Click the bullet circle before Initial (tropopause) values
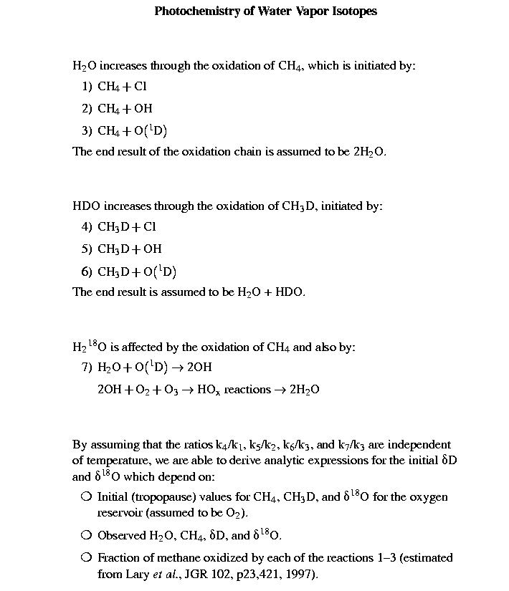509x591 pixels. point(85,496)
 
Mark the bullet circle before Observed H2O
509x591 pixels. point(85,535)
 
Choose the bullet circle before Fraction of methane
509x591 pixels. point(85,557)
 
